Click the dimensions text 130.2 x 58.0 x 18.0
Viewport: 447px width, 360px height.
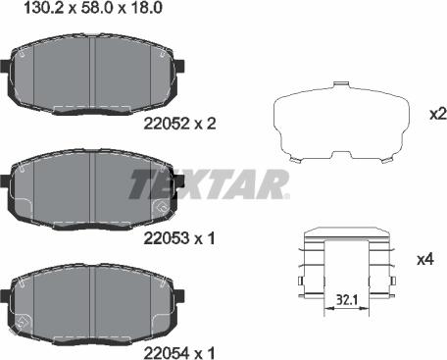click(93, 8)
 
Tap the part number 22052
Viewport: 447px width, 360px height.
click(167, 124)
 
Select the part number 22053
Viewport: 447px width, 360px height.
click(167, 238)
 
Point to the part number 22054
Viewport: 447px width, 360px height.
click(167, 353)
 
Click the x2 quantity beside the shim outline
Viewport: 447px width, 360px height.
click(438, 115)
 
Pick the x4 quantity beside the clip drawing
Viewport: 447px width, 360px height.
click(425, 260)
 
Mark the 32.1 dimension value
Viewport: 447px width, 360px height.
click(346, 300)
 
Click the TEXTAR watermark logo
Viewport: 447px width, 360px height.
click(209, 184)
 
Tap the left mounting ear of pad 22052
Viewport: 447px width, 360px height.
click(5, 66)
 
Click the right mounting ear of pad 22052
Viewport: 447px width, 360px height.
click(179, 66)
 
